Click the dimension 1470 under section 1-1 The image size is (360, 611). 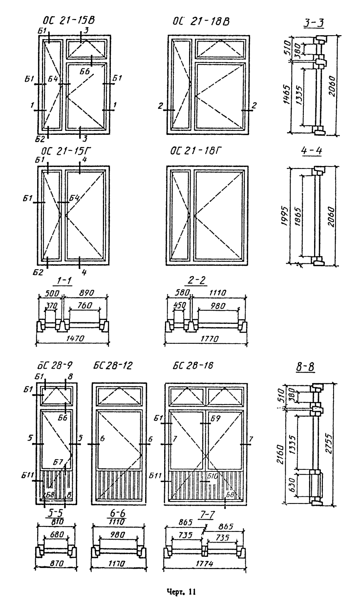point(73,339)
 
